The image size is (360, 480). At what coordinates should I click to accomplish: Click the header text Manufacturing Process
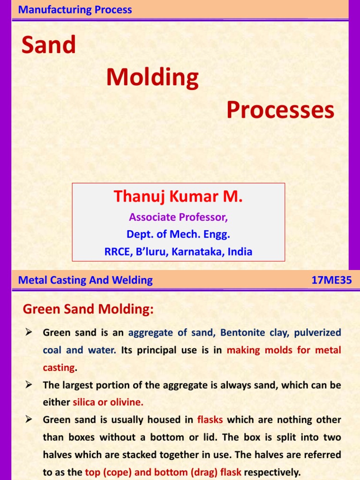pos(75,10)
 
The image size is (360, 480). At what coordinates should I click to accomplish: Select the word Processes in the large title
pos(280,110)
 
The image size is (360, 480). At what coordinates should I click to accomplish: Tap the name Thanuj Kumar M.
pos(178,196)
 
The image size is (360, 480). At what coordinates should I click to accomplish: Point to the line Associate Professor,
pos(178,217)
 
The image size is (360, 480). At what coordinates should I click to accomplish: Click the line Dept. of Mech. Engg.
pos(178,234)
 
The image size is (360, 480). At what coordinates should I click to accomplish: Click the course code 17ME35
pos(332,280)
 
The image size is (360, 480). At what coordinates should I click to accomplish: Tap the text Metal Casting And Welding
pos(85,280)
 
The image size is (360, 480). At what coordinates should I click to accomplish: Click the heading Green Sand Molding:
pos(88,309)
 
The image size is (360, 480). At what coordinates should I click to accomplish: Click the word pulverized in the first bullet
pos(318,333)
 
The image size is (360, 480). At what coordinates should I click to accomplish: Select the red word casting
pos(59,367)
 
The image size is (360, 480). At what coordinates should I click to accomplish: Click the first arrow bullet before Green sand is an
pos(28,333)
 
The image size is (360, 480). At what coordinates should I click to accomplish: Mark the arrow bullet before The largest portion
pos(28,385)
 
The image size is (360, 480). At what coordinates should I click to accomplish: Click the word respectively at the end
pos(272,472)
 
